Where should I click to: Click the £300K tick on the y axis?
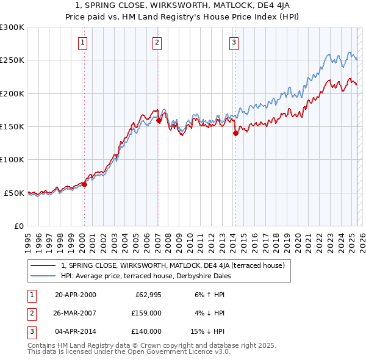click(12, 27)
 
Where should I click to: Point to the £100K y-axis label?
click(12, 159)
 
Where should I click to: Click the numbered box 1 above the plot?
click(82, 42)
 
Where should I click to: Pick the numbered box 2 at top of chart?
click(157, 42)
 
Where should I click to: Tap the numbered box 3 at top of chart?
click(234, 42)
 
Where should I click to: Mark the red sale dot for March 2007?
click(159, 121)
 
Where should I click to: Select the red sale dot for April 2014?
click(235, 134)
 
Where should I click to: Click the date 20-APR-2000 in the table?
click(76, 295)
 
